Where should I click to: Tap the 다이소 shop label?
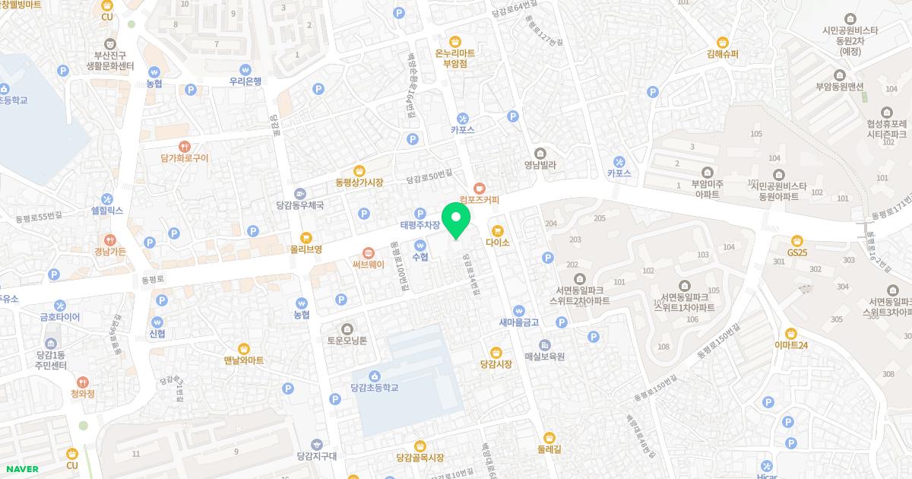[x=497, y=243]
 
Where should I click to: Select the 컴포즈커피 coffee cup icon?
[x=479, y=188]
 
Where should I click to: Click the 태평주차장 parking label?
[x=420, y=225]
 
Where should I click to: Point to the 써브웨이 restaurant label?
[x=369, y=265]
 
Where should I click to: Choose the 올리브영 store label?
[x=306, y=249]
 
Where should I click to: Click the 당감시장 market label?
[x=496, y=364]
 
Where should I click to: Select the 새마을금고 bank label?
[x=518, y=322]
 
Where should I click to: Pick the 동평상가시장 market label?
[x=359, y=182]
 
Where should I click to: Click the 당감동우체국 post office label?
[x=300, y=205]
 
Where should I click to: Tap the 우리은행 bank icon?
[x=245, y=69]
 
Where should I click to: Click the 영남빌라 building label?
[x=540, y=164]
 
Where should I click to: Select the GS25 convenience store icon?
[x=796, y=240]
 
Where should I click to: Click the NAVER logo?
[x=21, y=469]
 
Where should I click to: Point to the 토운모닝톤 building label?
[x=347, y=341]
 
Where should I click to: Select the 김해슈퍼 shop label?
[x=722, y=54]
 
